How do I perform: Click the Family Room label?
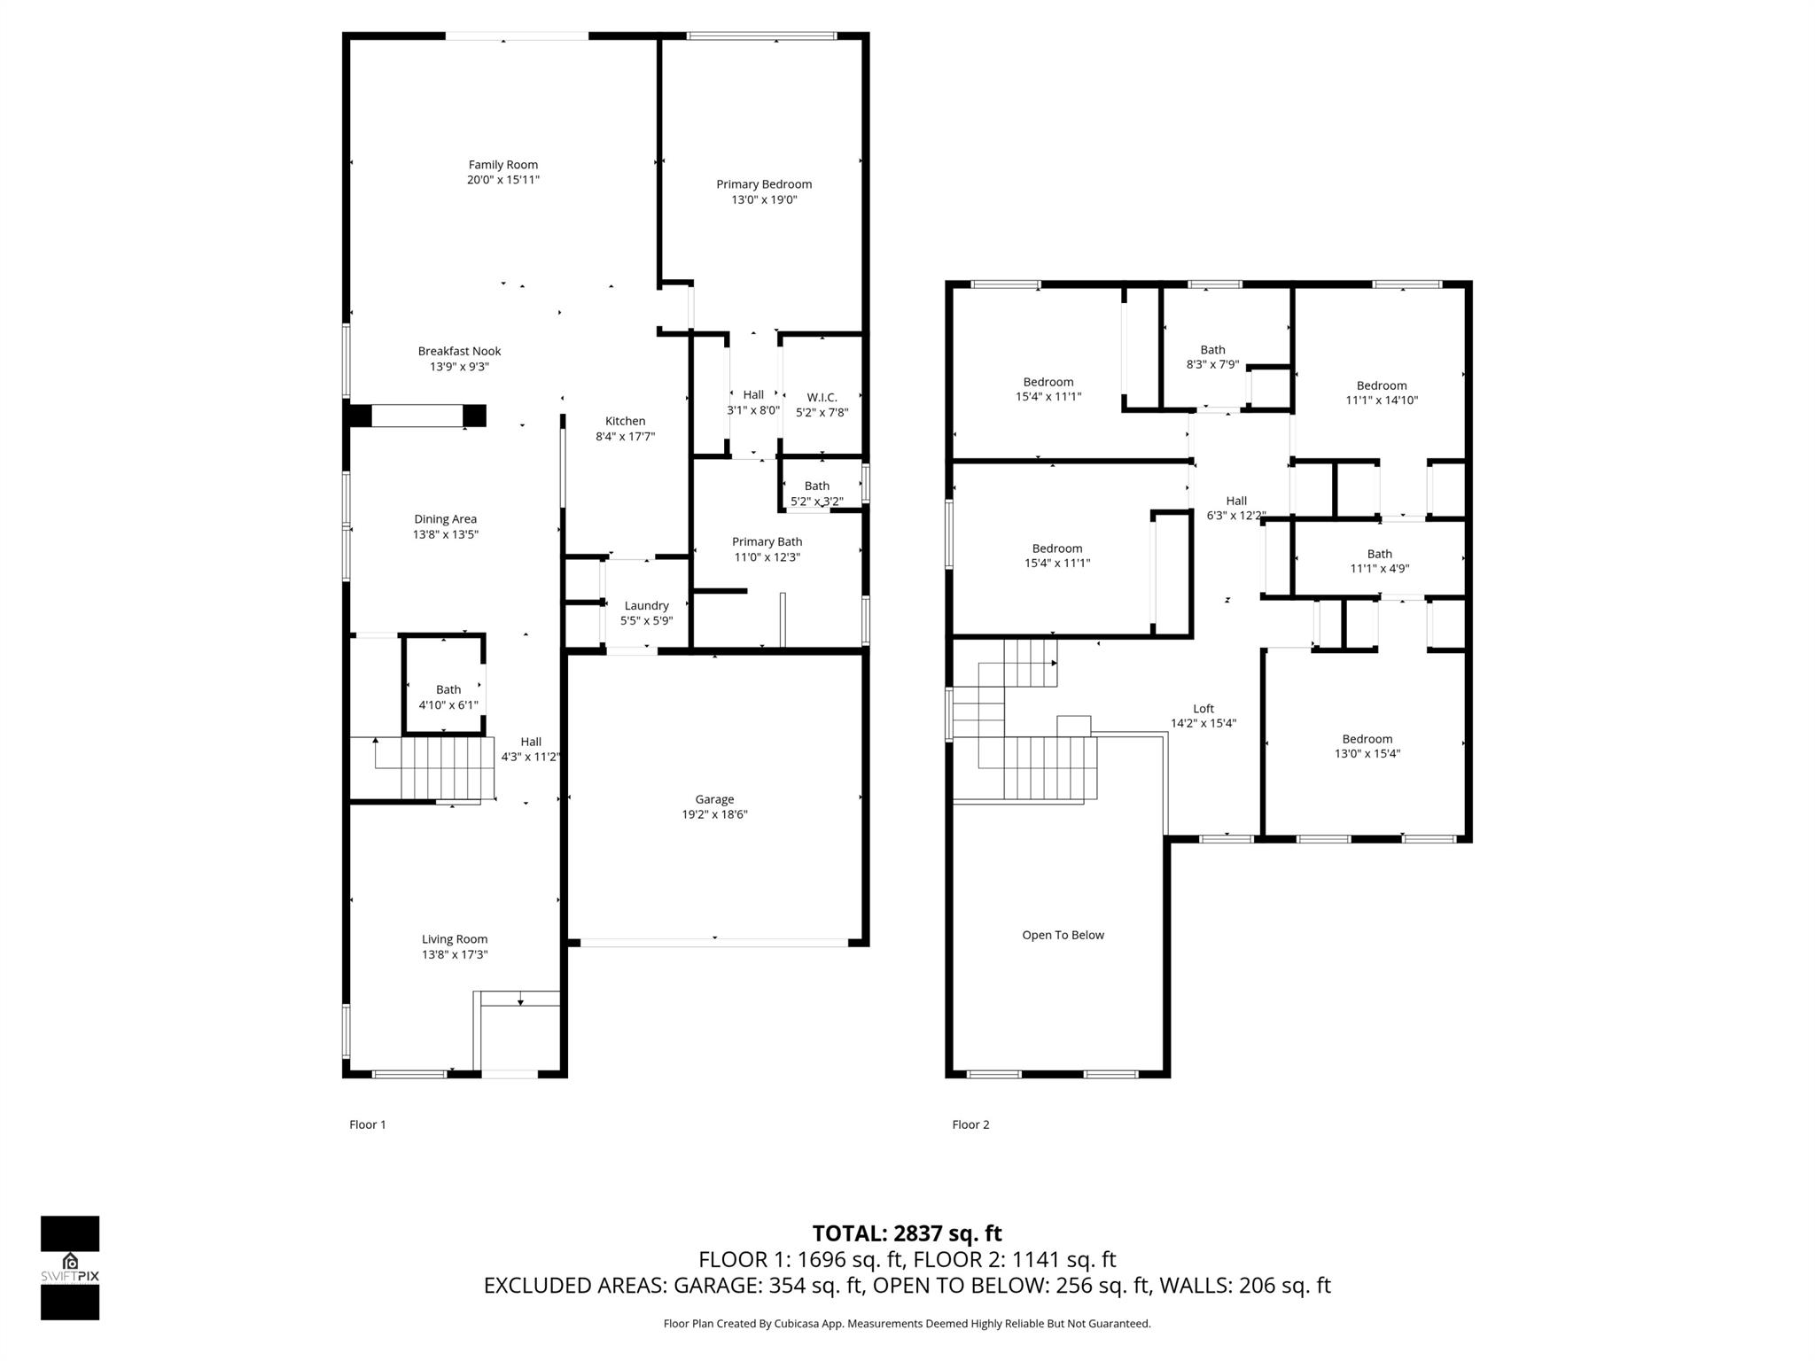tap(503, 165)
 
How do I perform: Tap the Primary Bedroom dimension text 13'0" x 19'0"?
tap(764, 199)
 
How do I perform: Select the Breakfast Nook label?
tap(460, 351)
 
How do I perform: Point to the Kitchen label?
tap(625, 421)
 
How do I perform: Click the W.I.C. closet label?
tap(822, 397)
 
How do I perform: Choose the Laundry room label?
tap(646, 606)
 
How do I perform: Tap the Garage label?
tap(714, 799)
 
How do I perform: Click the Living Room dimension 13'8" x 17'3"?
tap(455, 954)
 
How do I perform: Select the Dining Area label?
tap(445, 519)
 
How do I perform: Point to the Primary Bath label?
tap(767, 541)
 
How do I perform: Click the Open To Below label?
tap(1063, 935)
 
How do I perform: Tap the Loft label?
tap(1204, 709)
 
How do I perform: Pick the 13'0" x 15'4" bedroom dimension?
tap(1367, 754)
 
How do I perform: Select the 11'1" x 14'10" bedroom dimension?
tap(1382, 401)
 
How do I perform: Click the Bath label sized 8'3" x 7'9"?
tap(1212, 350)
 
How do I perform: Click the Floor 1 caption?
tap(368, 1124)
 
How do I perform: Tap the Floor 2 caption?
tap(970, 1124)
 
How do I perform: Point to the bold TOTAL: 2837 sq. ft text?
tap(907, 1233)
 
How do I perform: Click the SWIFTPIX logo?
tap(70, 1268)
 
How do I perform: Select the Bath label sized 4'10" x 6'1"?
tap(448, 689)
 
